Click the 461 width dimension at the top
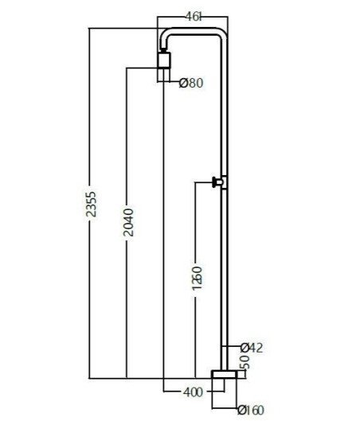pos(194,17)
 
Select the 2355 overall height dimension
pos(91,204)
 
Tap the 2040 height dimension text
pos(128,222)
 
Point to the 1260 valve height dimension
pos(198,278)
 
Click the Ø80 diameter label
pos(191,83)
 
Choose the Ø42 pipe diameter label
pos(252,348)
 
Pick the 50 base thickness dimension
pos(245,362)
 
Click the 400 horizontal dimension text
pos(193,392)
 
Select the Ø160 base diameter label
pos(251,410)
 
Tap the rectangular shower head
pos(164,60)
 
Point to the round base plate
pos(225,374)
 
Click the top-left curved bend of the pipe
pos(164,36)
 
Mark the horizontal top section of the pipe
pos(194,31)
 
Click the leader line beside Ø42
pos(231,346)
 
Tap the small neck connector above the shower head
pos(163,50)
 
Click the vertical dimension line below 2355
pos(89,299)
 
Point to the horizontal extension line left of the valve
pos(204,182)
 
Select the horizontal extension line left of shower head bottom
pos(142,68)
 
